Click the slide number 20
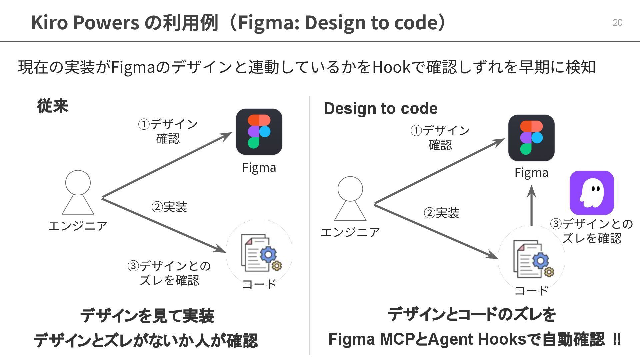click(x=617, y=22)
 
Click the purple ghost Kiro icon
click(x=592, y=193)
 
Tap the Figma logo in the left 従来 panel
click(x=259, y=132)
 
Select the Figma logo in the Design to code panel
click(x=531, y=138)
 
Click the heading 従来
click(x=53, y=106)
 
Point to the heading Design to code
click(x=380, y=108)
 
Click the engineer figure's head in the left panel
click(x=78, y=182)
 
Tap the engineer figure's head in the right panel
click(x=350, y=189)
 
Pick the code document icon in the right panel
click(x=533, y=259)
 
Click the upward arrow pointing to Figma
click(x=531, y=205)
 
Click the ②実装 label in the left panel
click(x=169, y=207)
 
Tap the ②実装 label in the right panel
click(x=441, y=213)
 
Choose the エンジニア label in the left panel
click(x=78, y=226)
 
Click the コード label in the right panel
click(x=531, y=290)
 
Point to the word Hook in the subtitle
click(x=391, y=67)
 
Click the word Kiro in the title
click(x=49, y=22)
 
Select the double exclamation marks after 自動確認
click(x=617, y=339)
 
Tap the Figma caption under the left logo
click(x=259, y=167)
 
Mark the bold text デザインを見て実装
click(x=147, y=316)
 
